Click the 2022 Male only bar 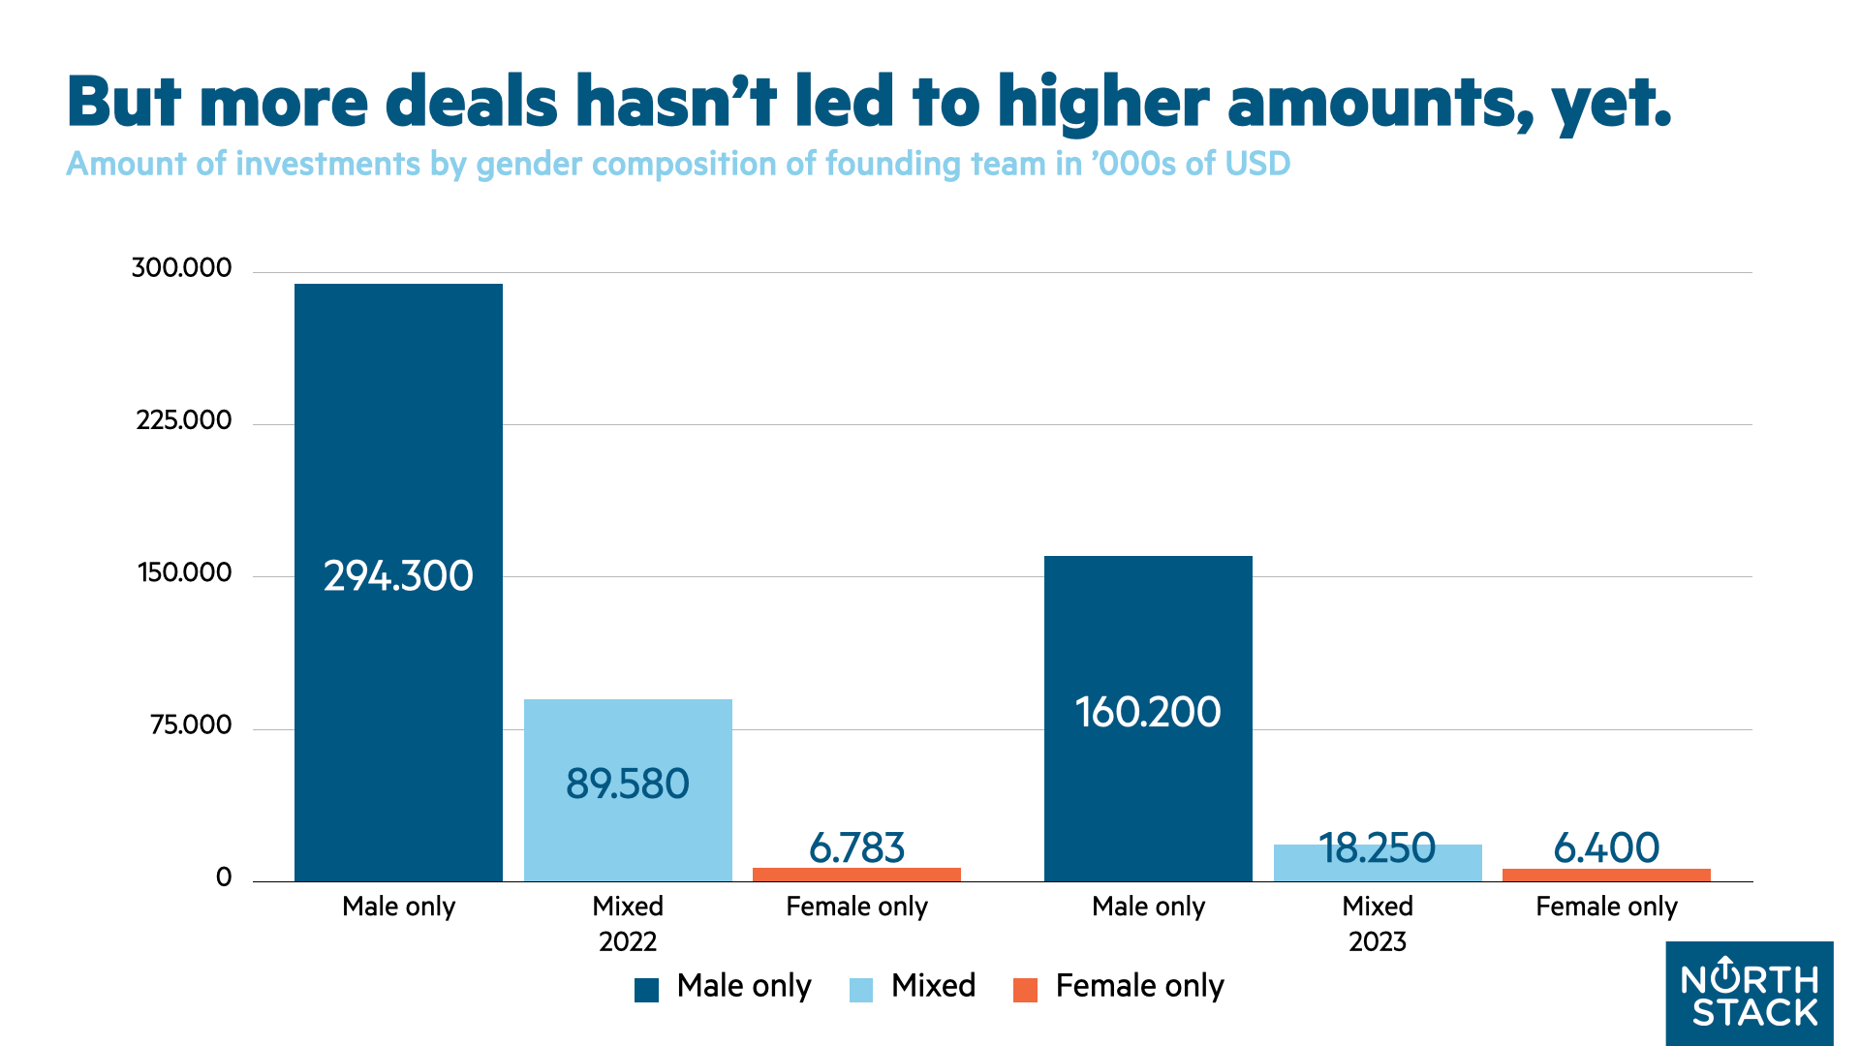(398, 436)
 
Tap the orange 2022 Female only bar (856, 875)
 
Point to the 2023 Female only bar (1606, 875)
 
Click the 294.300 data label (398, 576)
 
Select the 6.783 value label (856, 847)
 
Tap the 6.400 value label (1606, 847)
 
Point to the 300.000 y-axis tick (182, 267)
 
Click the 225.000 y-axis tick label (184, 420)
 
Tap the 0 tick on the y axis (224, 877)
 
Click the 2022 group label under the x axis (628, 941)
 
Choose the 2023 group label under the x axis (1378, 941)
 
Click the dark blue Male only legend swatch (646, 990)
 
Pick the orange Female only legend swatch (1025, 990)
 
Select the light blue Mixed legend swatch (861, 990)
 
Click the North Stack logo (1750, 993)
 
